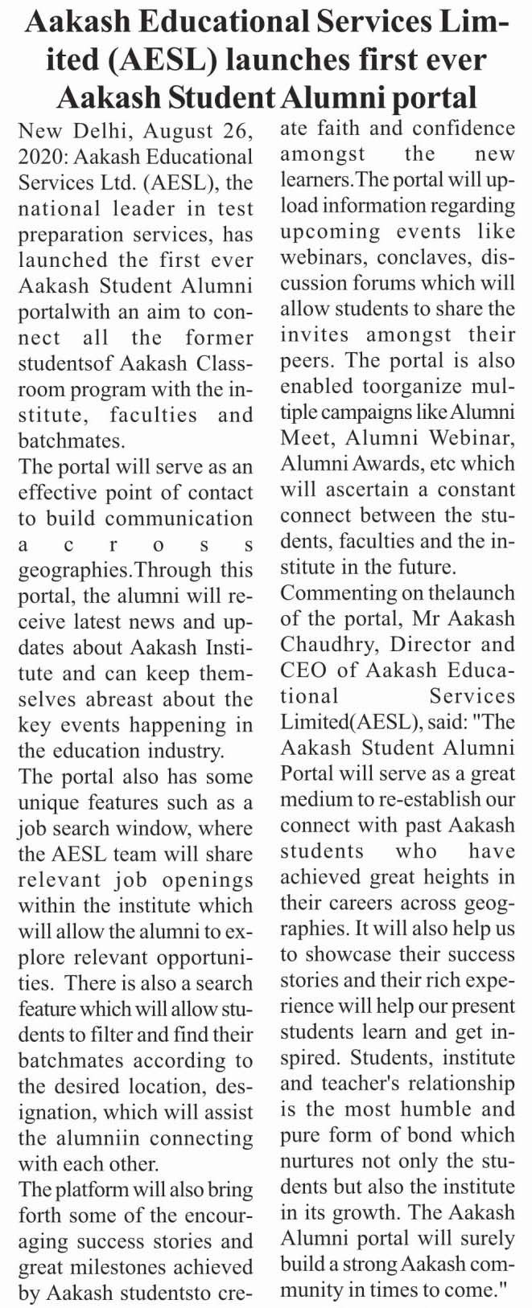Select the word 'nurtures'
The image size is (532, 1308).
pos(318,1162)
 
